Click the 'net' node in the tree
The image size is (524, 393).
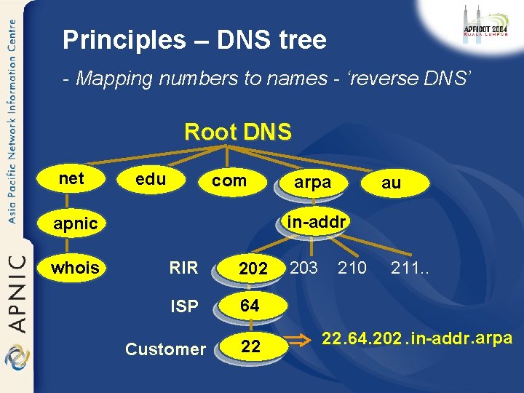pyautogui.click(x=72, y=178)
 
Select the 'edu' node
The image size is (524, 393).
pyautogui.click(x=151, y=179)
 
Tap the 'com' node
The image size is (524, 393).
pyautogui.click(x=229, y=180)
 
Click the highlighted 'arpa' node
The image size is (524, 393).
pyautogui.click(x=312, y=183)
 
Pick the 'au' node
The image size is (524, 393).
pyautogui.click(x=391, y=183)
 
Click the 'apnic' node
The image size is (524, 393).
pyautogui.click(x=76, y=223)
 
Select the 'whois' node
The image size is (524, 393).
pyautogui.click(x=75, y=268)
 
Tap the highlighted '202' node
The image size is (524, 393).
pyautogui.click(x=253, y=269)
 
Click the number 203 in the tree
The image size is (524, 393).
pyautogui.click(x=303, y=268)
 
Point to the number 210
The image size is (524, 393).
pyautogui.click(x=352, y=268)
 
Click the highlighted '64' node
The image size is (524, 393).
pyautogui.click(x=250, y=306)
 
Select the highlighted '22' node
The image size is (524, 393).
pyautogui.click(x=250, y=347)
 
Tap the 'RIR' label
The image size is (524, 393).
pyautogui.click(x=183, y=268)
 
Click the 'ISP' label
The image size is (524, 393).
pyautogui.click(x=184, y=306)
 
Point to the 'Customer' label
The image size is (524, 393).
pyautogui.click(x=165, y=349)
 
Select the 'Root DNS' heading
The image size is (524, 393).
pyautogui.click(x=238, y=132)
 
